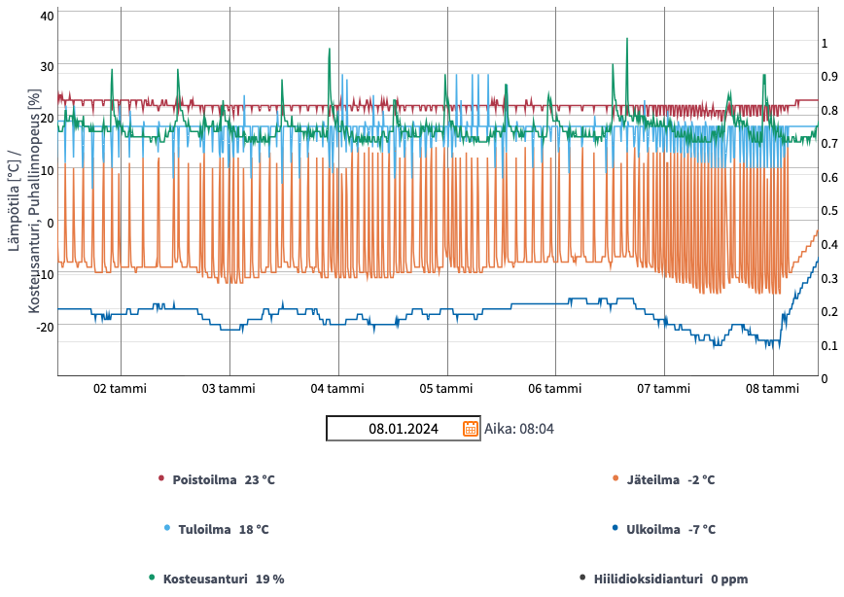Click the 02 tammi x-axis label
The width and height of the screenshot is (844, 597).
click(x=120, y=389)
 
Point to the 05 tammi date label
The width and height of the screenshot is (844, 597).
click(x=446, y=389)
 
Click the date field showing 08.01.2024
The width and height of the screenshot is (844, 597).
click(x=393, y=429)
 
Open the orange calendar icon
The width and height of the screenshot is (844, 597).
click(x=471, y=429)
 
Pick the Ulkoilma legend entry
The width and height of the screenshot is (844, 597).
click(x=670, y=530)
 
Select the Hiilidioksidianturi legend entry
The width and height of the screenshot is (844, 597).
click(x=670, y=579)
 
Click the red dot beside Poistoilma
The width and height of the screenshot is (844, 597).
click(x=161, y=478)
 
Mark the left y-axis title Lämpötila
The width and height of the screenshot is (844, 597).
click(x=14, y=200)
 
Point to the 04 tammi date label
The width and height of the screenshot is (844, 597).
click(x=337, y=389)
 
